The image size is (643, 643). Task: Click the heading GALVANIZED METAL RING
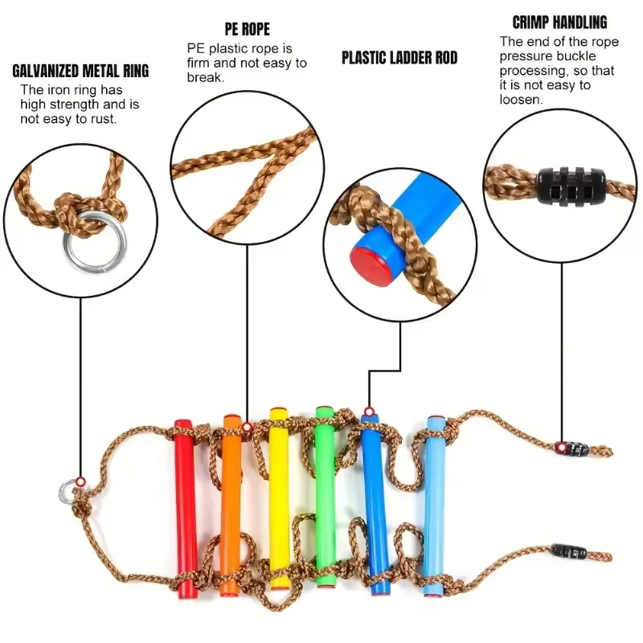80,71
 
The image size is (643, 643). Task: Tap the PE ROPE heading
247,30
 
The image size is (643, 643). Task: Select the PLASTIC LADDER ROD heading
399,57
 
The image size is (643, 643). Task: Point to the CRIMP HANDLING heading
559,22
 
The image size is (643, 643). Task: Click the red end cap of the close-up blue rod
367,260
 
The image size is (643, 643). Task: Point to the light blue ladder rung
436,506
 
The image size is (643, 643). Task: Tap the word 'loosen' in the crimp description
521,100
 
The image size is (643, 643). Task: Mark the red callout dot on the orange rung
244,426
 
